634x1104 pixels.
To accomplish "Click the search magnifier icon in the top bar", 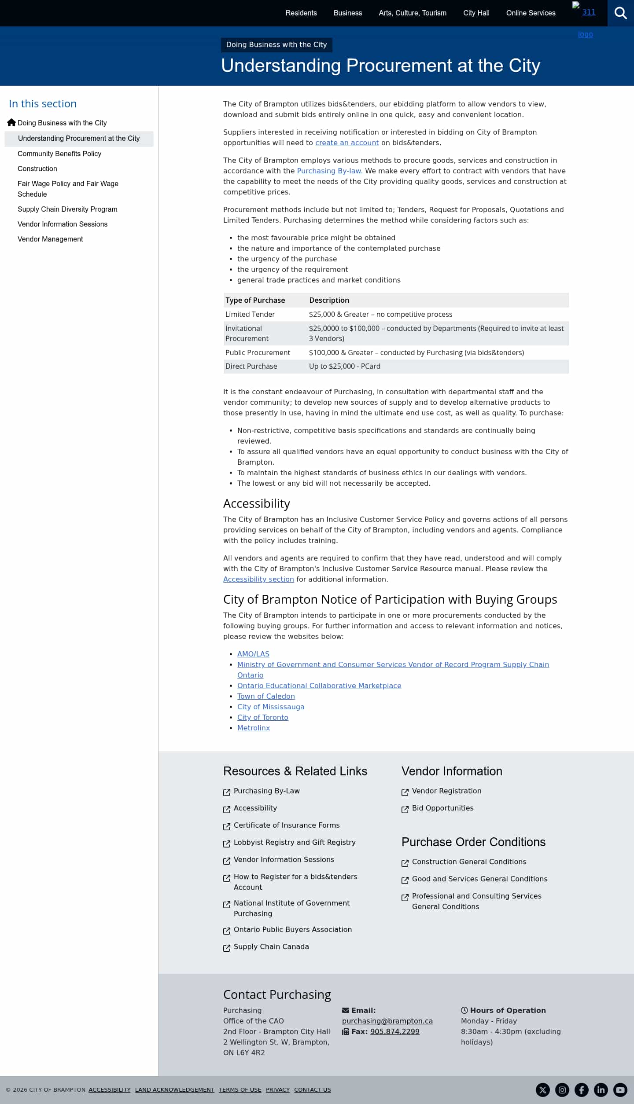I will (620, 13).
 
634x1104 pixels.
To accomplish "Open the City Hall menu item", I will (476, 13).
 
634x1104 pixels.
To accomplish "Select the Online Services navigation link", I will (531, 13).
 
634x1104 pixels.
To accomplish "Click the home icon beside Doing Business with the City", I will (11, 123).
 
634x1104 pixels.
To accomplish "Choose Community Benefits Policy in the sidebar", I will (59, 154).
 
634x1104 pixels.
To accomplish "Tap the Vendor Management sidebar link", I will (50, 239).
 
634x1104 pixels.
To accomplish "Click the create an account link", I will (346, 143).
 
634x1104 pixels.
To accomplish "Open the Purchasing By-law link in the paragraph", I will (330, 171).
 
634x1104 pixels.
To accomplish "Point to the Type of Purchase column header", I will (255, 300).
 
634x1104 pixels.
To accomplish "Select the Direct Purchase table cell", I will (251, 366).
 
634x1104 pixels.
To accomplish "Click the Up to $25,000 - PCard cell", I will (344, 366).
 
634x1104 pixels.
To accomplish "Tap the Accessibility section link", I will (258, 579).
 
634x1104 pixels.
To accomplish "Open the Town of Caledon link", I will (266, 696).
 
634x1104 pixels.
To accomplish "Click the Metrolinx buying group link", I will (253, 728).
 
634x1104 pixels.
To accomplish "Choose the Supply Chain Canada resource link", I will (271, 946).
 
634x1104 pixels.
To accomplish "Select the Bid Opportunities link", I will (442, 808).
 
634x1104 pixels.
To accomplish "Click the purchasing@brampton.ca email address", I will (387, 1021).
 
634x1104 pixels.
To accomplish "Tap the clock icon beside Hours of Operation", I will (464, 1010).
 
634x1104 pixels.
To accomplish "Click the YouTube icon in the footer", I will (620, 1089).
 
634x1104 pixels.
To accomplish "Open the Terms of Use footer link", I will (240, 1089).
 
